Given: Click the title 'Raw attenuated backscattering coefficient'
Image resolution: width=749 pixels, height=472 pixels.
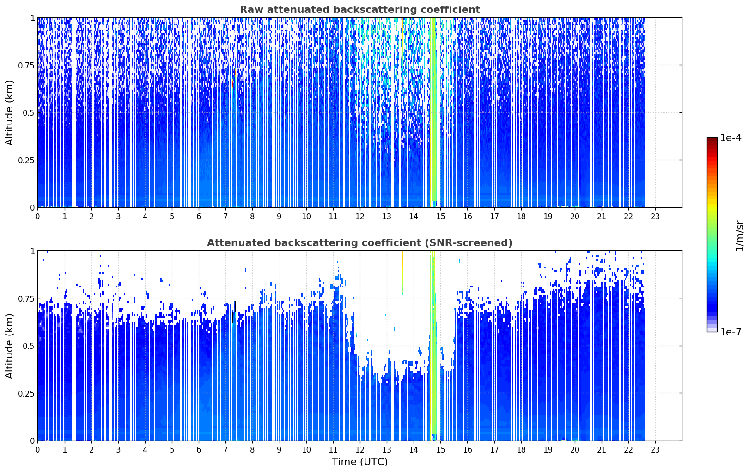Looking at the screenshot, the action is click(x=360, y=9).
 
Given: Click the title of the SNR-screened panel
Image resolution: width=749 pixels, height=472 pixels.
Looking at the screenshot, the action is click(x=360, y=242).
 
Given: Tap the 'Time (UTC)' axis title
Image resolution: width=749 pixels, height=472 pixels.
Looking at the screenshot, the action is click(x=360, y=462).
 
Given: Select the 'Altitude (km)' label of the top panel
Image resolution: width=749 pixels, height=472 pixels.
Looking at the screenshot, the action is click(x=9, y=113).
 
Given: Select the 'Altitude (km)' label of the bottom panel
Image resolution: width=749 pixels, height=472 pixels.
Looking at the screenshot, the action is click(x=9, y=346).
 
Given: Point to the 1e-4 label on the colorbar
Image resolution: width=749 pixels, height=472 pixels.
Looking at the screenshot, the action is click(x=731, y=137).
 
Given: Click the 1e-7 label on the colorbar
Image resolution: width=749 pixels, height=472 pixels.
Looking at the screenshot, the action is click(x=731, y=332).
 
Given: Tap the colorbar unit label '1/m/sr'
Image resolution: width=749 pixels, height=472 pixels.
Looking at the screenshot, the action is click(x=739, y=236).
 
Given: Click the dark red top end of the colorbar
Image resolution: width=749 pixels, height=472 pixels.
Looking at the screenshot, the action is click(x=712, y=139).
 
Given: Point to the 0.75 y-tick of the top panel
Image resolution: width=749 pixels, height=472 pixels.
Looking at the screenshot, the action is click(x=26, y=65).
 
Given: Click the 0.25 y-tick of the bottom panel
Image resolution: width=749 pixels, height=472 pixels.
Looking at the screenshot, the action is click(x=26, y=393).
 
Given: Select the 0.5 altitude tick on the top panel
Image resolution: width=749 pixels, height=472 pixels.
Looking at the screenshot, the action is click(x=29, y=113).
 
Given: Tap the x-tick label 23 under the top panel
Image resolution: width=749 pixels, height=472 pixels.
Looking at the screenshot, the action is click(x=655, y=217).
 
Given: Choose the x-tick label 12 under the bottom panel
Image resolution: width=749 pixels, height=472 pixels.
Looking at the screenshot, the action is click(x=360, y=450).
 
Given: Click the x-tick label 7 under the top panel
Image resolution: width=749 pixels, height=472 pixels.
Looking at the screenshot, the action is click(x=225, y=217).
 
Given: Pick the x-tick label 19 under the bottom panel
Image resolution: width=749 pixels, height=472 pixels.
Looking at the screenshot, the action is click(x=548, y=450).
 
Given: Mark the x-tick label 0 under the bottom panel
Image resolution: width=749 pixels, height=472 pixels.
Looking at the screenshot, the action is click(x=37, y=450).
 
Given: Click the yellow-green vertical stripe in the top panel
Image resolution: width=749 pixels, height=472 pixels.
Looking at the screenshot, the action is click(x=432, y=112).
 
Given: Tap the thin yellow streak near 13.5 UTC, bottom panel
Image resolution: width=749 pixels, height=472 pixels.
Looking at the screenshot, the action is click(x=402, y=273).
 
